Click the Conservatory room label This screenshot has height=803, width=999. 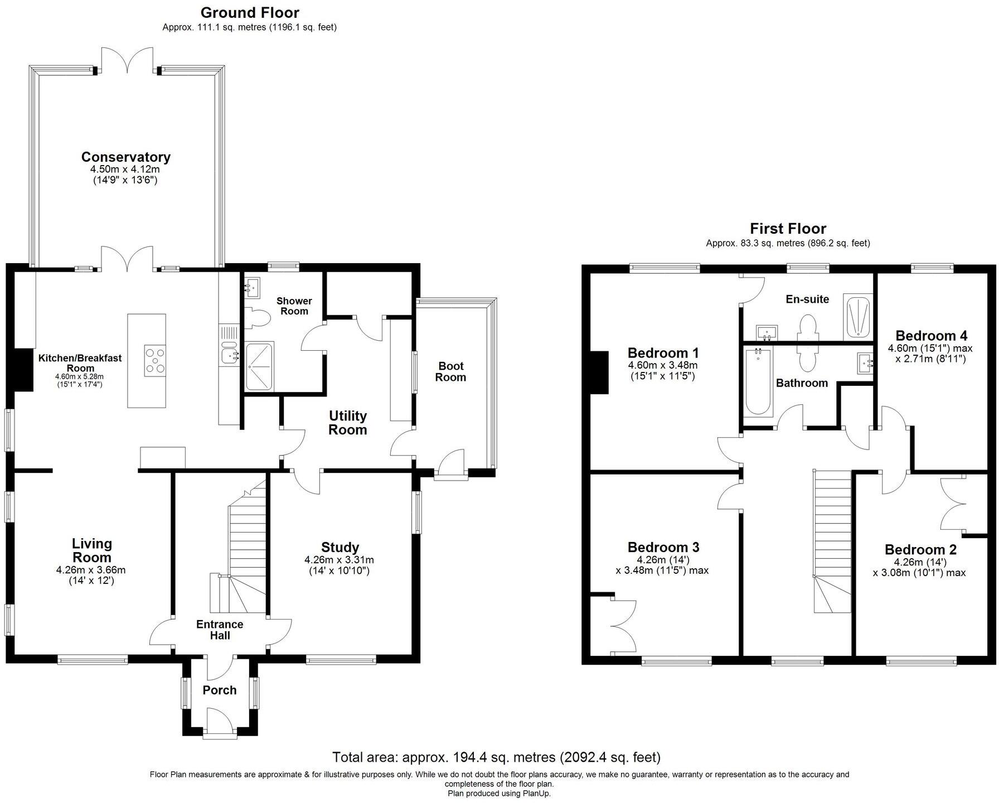pos(125,157)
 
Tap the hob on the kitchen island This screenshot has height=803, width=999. pos(155,360)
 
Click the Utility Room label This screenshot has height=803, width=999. pos(347,423)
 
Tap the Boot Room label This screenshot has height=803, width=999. pos(450,372)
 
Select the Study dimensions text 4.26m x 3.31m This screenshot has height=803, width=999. pos(339,560)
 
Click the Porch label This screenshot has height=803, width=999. pos(220,690)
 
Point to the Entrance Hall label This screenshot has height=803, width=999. pos(220,630)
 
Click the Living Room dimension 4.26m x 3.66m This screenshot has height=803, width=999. pos(91,570)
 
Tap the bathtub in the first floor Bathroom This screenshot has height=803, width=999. pos(758,382)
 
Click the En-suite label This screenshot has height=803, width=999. pos(807,299)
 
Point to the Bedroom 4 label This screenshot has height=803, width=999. pos(931,336)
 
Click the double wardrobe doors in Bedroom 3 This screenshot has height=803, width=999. pos(623,626)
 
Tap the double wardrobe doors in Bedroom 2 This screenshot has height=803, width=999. pos(953,504)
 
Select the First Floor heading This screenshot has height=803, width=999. pos(788,229)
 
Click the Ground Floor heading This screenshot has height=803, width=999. pos(250,12)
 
